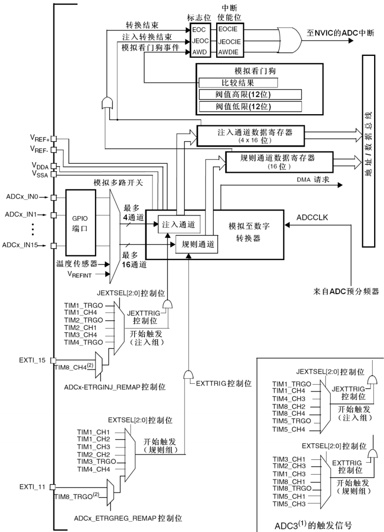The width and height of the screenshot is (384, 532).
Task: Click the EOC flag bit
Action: tap(200, 29)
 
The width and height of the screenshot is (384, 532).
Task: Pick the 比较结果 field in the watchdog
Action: tap(238, 83)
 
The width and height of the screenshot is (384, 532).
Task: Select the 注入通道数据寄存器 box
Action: tap(250, 135)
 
